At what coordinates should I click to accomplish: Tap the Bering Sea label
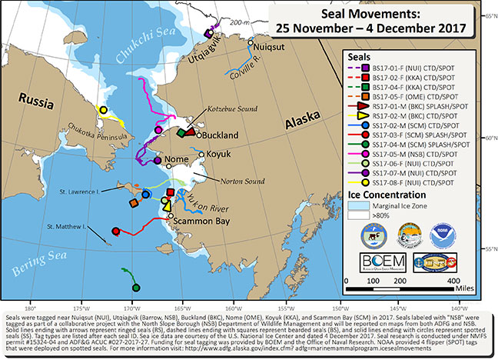pyautogui.click(x=30, y=265)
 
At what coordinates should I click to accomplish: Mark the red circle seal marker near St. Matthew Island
pyautogui.click(x=115, y=230)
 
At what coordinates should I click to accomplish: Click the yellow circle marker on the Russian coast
pyautogui.click(x=102, y=111)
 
